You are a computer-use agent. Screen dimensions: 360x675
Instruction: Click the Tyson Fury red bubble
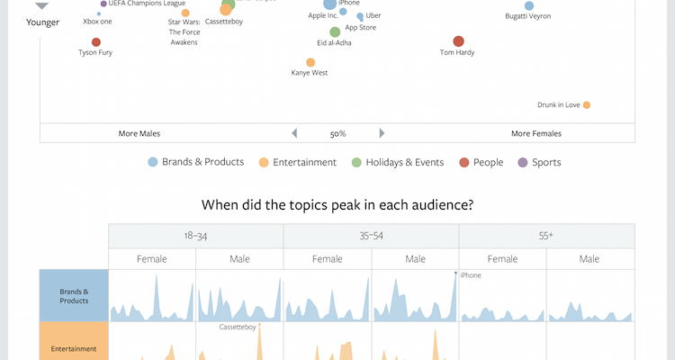point(96,42)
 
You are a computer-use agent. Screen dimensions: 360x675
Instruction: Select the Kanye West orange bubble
point(310,63)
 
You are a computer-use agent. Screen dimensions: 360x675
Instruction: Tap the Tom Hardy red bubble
point(458,41)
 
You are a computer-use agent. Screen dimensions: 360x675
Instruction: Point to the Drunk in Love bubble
point(586,105)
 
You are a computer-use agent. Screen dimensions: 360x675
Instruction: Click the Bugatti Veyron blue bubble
point(529,6)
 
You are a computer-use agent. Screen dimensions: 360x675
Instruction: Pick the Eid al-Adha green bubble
point(335,32)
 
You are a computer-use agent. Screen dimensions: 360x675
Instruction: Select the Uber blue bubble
point(360,16)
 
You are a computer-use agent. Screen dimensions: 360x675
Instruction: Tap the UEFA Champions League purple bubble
point(103,4)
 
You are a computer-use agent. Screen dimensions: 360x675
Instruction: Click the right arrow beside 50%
point(382,133)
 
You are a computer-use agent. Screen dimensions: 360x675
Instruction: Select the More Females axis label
point(535,133)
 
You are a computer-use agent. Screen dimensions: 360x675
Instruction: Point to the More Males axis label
point(139,133)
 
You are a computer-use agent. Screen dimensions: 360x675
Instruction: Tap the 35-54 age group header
point(371,236)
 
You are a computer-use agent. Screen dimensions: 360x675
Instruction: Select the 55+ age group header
point(546,236)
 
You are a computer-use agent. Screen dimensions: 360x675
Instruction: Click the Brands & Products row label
point(74,295)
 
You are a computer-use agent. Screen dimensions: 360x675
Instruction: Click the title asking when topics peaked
point(337,205)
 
